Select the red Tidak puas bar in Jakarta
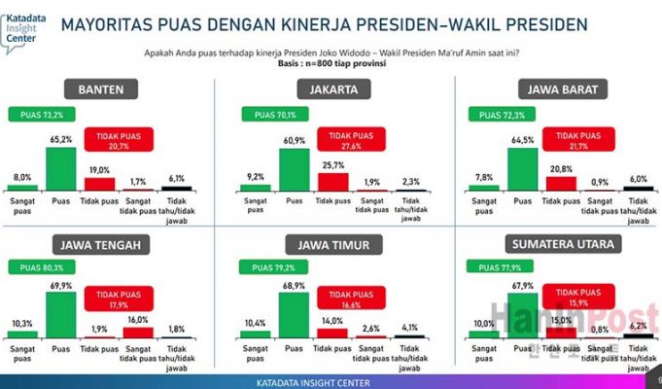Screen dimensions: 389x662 click(332, 181)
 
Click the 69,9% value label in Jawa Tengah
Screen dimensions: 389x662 click(60, 283)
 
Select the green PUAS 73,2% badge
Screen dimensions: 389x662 click(35, 115)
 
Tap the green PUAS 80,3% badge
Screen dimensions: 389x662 click(35, 266)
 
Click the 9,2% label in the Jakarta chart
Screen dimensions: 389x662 click(254, 177)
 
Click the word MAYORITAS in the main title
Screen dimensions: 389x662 click(107, 23)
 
